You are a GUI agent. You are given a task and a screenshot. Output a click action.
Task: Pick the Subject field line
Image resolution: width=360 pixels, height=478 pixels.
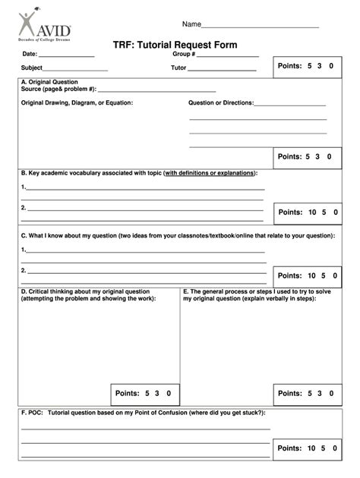75,70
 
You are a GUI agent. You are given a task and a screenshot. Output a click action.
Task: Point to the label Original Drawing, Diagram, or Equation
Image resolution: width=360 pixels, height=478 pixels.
77,102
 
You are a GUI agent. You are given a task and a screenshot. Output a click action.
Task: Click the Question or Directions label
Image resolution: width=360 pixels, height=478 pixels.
220,102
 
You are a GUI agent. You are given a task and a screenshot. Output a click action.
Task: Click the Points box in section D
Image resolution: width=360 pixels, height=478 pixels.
147,393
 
